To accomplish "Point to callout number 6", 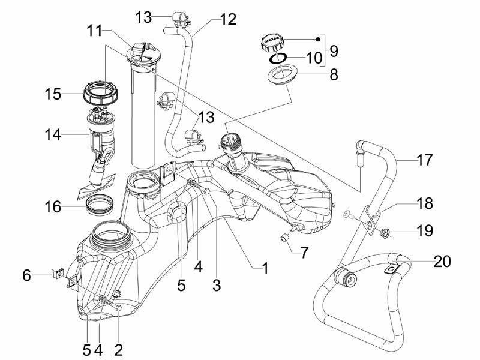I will point(26,275).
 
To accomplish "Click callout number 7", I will point(304,253).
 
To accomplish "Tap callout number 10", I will point(314,58).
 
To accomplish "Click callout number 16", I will point(53,208).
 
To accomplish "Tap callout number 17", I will point(424,161).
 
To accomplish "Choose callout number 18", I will point(424,203).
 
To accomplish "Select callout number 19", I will point(424,230).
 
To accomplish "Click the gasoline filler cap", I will point(271,43).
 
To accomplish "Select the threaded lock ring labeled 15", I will point(98,94).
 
